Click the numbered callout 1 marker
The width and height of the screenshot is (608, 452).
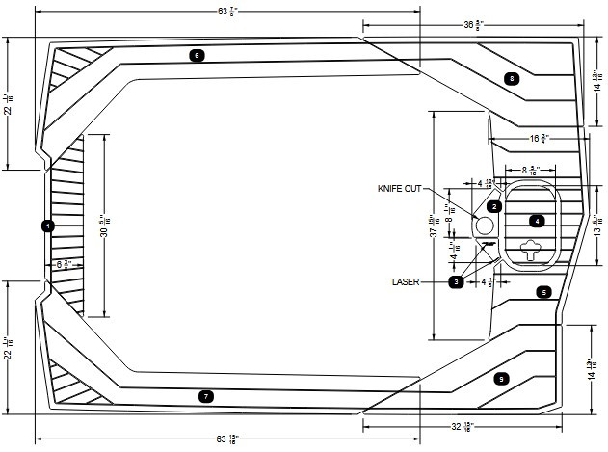pos(48,225)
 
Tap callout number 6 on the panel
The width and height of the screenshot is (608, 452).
pos(197,55)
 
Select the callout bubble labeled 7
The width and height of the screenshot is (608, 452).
pos(204,396)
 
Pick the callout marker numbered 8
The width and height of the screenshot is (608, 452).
pos(512,78)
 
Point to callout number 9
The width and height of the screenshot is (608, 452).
pos(500,379)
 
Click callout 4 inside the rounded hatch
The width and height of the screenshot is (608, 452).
pos(538,221)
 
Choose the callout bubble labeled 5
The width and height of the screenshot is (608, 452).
pos(543,291)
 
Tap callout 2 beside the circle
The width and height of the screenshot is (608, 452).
pos(493,206)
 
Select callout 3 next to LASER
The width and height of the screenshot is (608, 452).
pos(456,281)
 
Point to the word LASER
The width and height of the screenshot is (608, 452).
pos(406,282)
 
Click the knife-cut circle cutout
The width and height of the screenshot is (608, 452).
pos(484,225)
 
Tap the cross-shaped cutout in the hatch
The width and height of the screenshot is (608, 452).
pos(531,251)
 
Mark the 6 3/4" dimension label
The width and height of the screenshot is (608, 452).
pos(65,263)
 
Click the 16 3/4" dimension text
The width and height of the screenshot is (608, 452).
pos(539,139)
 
